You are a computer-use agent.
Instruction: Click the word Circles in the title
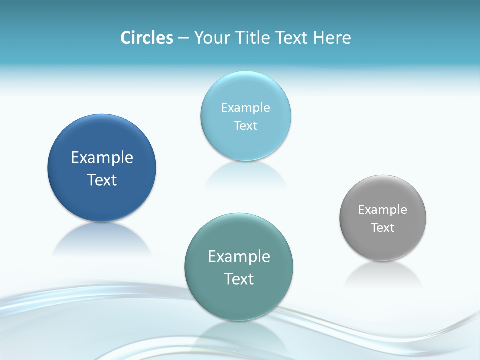(x=146, y=38)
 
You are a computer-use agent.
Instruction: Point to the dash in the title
(x=183, y=38)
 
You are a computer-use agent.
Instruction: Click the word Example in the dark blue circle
(x=102, y=158)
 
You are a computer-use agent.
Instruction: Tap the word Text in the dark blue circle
(x=102, y=180)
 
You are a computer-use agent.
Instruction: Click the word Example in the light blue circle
(x=245, y=108)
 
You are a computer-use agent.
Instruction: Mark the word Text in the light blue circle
(x=245, y=126)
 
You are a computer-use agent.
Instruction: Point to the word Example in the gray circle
(x=383, y=210)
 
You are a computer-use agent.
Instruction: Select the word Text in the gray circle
(x=383, y=228)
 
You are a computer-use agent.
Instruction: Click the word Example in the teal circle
(x=239, y=257)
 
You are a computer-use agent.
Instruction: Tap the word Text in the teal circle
(x=239, y=279)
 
